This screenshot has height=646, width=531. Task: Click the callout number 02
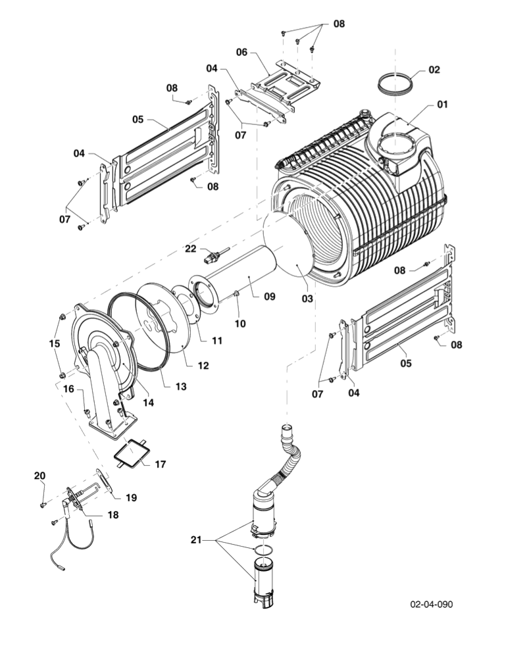point(434,70)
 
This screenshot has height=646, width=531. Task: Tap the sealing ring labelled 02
point(397,86)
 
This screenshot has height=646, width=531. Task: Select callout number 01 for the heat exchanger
point(441,104)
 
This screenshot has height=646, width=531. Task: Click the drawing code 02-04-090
point(431,604)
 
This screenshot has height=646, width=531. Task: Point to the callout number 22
point(190,248)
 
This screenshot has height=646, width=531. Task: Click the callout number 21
point(195,540)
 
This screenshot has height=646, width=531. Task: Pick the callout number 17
point(160,464)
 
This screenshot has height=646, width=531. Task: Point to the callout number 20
point(39,476)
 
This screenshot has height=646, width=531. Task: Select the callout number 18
point(113,515)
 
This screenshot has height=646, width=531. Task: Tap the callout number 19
point(131,498)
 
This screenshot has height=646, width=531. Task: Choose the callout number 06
point(241,51)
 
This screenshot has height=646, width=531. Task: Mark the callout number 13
point(180,387)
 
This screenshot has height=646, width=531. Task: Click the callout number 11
point(216,341)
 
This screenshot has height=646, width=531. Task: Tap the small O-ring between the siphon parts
point(263,548)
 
